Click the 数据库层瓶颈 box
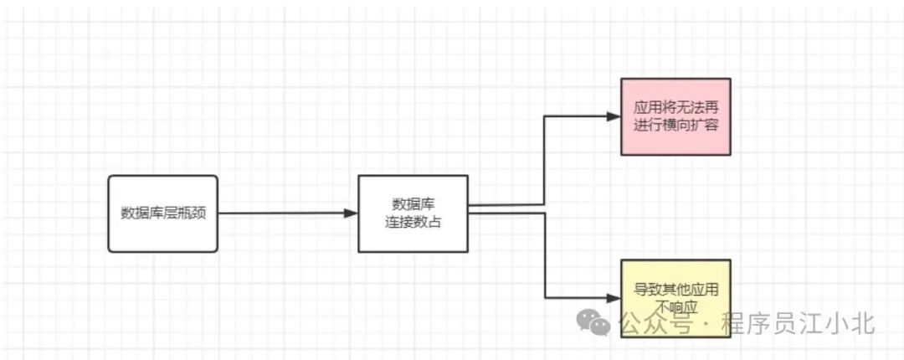click(x=162, y=213)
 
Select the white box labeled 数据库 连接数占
click(x=413, y=213)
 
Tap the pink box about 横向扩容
click(x=675, y=116)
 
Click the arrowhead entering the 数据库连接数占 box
click(x=351, y=213)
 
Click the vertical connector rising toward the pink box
click(x=545, y=159)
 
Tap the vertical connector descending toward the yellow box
click(x=546, y=255)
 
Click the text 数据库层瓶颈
click(x=162, y=213)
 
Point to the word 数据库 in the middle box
click(x=413, y=204)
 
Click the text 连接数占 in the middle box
click(x=413, y=223)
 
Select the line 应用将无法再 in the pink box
click(x=675, y=108)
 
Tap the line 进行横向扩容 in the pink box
click(x=675, y=126)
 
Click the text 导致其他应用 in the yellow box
click(x=675, y=289)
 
